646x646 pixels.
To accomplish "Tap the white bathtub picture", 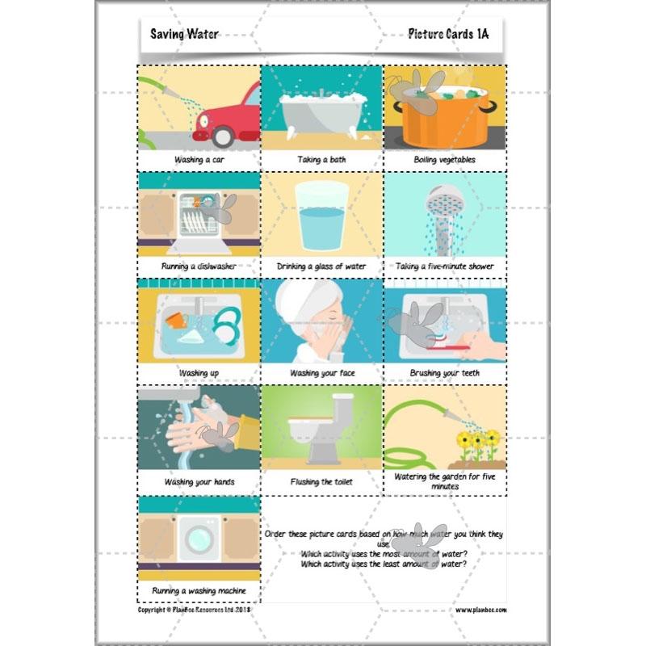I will coord(320,113).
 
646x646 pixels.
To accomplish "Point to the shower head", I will coord(443,199).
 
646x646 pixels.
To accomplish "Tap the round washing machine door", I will coord(198,536).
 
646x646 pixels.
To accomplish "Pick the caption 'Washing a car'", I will coord(199,160).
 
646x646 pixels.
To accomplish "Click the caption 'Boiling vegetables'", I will coord(444,160).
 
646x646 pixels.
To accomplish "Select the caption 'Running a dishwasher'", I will coord(198,266).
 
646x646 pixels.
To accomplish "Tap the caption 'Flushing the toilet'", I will coord(321,482).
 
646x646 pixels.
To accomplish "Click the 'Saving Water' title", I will coord(184,34).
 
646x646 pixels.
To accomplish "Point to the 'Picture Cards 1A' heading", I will coord(448,34).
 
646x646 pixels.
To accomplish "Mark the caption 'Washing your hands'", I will coord(198,482).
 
